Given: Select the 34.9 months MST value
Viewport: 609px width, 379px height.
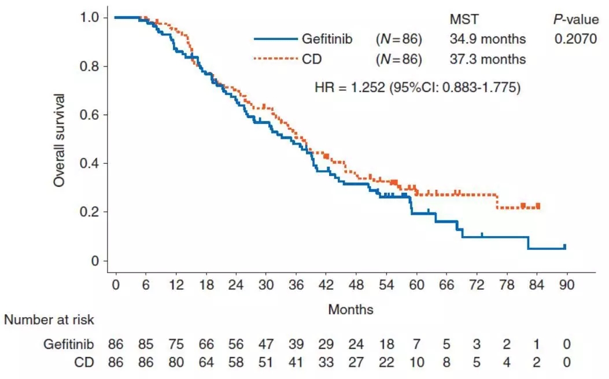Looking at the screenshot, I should pos(488,39).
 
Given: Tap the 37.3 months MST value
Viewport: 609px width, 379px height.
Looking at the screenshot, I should pos(488,59).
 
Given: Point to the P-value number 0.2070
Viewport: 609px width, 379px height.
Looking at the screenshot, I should pos(575,39).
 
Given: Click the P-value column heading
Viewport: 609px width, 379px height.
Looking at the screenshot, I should pos(575,20).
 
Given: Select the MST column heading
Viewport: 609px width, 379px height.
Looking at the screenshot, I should pos(464,20).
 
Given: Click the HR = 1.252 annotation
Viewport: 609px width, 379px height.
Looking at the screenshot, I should pos(418,88).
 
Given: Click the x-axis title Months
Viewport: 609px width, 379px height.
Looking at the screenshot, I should pos(350,310).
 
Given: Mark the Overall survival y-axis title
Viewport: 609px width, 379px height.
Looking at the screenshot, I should pos(59,139).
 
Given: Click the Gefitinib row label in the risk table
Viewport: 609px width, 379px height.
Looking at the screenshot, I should pos(68,344).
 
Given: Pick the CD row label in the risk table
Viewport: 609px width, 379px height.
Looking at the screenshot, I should pos(84,363).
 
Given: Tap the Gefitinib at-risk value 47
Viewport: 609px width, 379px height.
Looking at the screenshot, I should pos(266,344).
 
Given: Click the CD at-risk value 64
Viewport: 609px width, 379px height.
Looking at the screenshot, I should pos(206,363).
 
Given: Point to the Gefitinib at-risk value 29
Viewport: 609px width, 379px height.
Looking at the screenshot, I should pos(326,344).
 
